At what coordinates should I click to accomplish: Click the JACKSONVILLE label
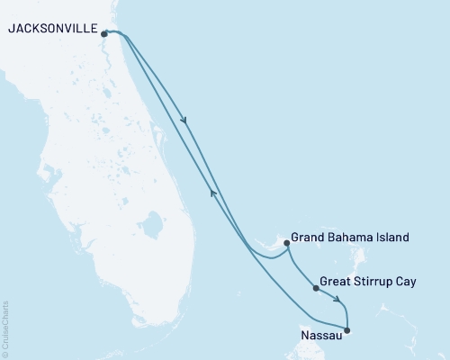pyautogui.click(x=51, y=30)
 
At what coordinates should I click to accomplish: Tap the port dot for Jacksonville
pyautogui.click(x=105, y=34)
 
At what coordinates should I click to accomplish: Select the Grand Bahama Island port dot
pyautogui.click(x=286, y=242)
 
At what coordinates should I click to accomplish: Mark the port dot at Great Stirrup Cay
pyautogui.click(x=315, y=289)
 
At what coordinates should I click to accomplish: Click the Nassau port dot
pyautogui.click(x=348, y=330)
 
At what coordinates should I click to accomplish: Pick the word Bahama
pyautogui.click(x=352, y=238)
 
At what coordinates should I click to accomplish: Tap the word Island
pyautogui.click(x=392, y=238)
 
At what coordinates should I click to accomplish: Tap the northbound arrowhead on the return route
pyautogui.click(x=212, y=191)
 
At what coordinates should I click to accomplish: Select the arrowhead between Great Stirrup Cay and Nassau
pyautogui.click(x=337, y=301)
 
